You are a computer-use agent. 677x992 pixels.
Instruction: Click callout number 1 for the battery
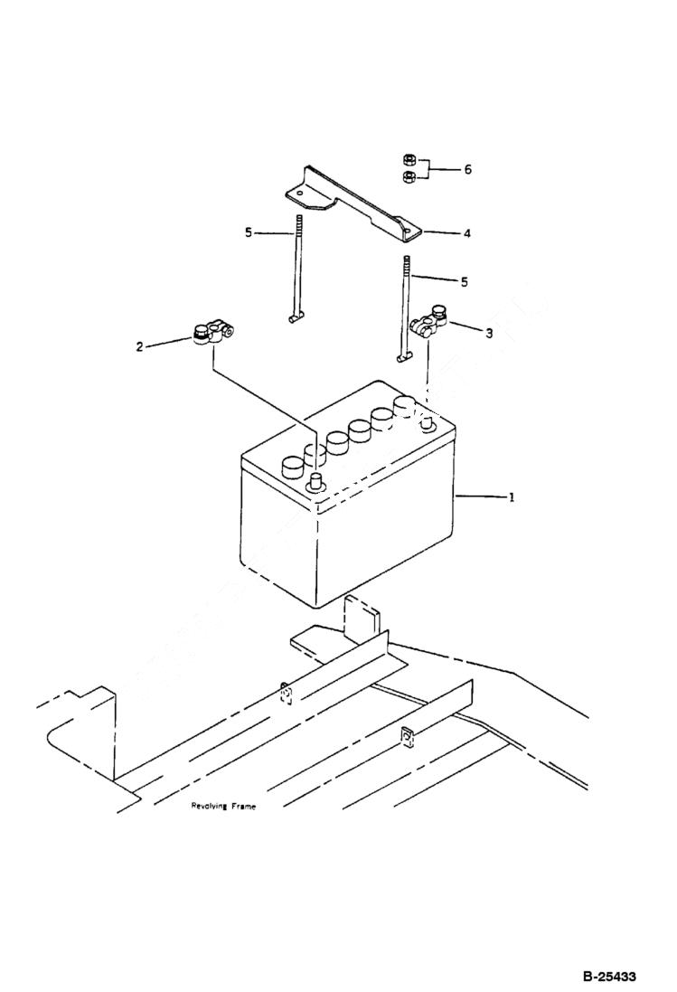(512, 496)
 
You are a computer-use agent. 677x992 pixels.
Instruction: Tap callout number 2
(139, 345)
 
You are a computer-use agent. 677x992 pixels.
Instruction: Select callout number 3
(489, 333)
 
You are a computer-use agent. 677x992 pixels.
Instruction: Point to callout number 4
(466, 233)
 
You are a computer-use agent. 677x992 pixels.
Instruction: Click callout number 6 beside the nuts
(467, 169)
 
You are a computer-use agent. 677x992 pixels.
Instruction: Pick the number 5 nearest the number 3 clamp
(465, 282)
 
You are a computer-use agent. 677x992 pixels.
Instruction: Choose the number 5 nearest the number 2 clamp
(248, 232)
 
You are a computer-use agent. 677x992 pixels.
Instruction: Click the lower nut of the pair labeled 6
(409, 175)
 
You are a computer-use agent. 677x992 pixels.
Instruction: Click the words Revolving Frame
(222, 806)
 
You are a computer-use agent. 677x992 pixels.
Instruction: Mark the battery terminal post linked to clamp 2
(316, 480)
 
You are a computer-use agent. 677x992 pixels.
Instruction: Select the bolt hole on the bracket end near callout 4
(408, 232)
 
